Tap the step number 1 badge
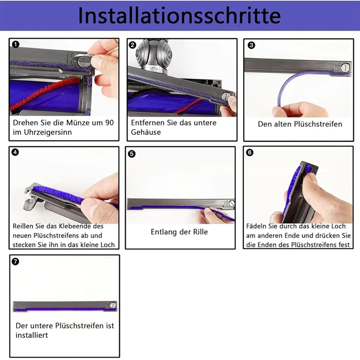click(16, 45)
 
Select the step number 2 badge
click(133, 45)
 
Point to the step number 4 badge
click(16, 153)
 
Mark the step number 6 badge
click(250, 153)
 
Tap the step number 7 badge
click(16, 261)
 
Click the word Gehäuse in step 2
click(146, 132)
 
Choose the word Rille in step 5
click(198, 232)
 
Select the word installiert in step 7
click(31, 335)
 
